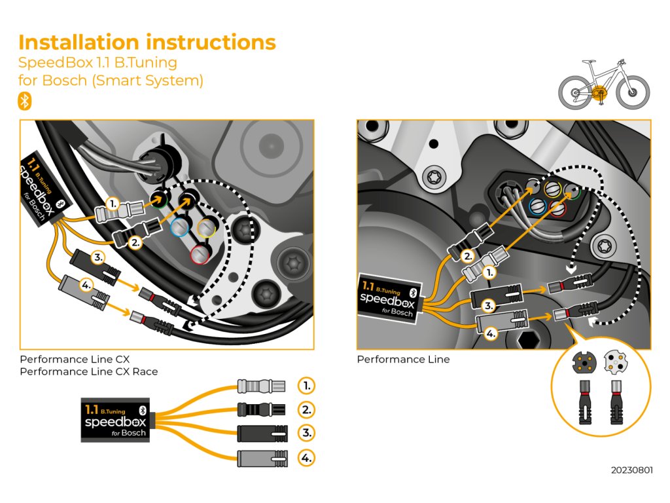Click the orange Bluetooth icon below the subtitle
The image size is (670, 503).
(x=24, y=102)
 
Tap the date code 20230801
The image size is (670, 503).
(x=631, y=470)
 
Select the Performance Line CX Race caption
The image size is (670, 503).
(x=89, y=371)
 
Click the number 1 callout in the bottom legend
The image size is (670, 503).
(x=306, y=385)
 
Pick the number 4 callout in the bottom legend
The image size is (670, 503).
(x=306, y=457)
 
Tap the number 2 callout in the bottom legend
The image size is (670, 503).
(x=306, y=409)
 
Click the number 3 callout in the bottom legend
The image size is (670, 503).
(x=306, y=433)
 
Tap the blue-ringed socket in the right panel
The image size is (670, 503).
(x=537, y=206)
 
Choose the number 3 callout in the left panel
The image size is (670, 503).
(x=97, y=257)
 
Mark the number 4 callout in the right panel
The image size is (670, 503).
(x=490, y=333)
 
